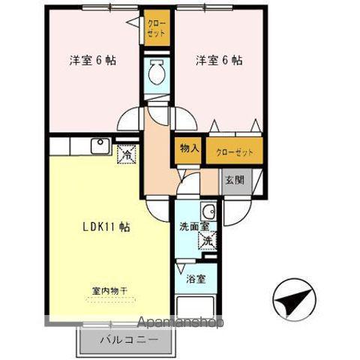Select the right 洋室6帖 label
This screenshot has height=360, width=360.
(x=219, y=61)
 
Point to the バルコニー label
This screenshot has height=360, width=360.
(x=129, y=339)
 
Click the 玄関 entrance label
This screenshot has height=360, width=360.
(x=233, y=180)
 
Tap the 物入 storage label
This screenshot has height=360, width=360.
(x=189, y=148)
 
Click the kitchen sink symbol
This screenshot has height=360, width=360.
(x=100, y=145)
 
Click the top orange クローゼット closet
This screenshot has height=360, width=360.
(x=156, y=34)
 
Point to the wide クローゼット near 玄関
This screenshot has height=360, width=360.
(x=235, y=151)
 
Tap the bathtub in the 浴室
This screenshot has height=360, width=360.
(x=197, y=308)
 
